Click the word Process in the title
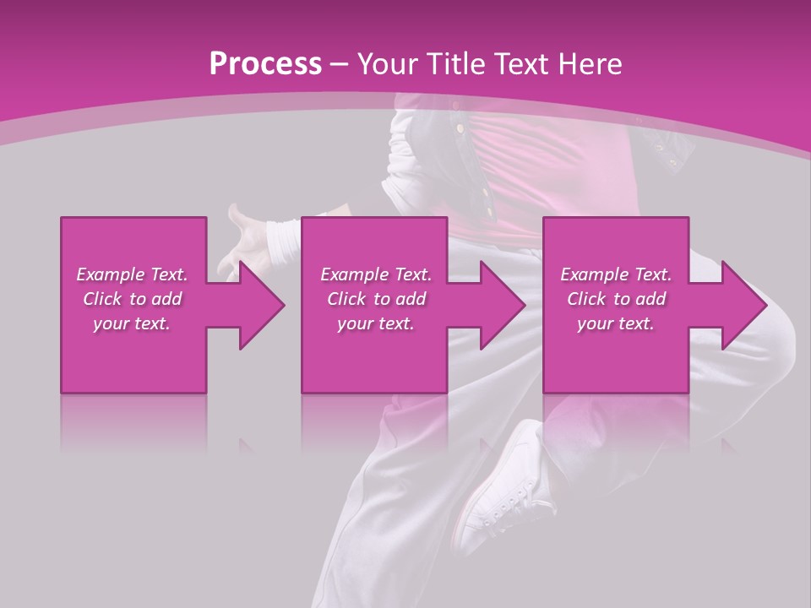tap(265, 64)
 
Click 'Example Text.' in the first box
tap(132, 274)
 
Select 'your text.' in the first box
tap(132, 323)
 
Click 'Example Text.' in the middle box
tap(376, 274)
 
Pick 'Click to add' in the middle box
tap(376, 299)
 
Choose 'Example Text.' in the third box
tap(616, 274)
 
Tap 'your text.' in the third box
tap(616, 323)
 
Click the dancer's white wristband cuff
tap(283, 241)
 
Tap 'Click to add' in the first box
tap(132, 299)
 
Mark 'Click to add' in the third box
tap(616, 299)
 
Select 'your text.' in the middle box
tap(376, 323)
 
